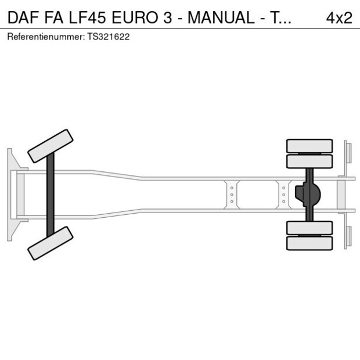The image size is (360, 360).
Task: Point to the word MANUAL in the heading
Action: [x=222, y=18]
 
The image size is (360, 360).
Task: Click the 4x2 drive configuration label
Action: [x=339, y=18]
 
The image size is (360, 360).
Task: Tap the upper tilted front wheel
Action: [x=51, y=145]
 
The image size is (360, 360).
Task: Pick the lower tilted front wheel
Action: [x=51, y=243]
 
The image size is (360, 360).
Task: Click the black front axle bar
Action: [x=51, y=194]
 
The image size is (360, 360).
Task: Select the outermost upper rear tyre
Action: [x=309, y=146]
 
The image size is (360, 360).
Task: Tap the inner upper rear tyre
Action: [x=309, y=161]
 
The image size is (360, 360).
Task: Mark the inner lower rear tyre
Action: [x=309, y=228]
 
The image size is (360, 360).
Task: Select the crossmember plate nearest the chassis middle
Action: [x=232, y=194]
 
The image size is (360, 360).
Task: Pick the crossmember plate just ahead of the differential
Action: [x=283, y=194]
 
